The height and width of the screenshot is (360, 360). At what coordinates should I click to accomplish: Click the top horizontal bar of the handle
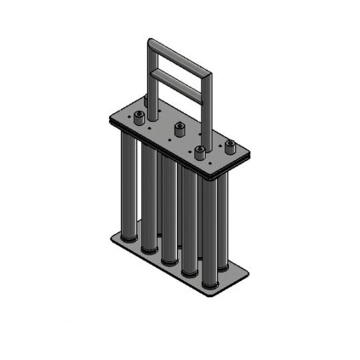pos(180,56)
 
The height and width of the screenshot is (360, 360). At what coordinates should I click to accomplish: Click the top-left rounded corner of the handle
pos(151,42)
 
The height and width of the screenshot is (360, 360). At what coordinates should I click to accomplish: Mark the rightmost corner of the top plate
pos(250,154)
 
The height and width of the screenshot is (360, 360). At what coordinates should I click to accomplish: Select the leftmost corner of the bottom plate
pos(111,236)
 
